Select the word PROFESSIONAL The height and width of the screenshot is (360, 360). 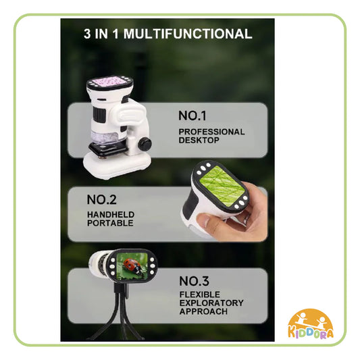pyautogui.click(x=211, y=132)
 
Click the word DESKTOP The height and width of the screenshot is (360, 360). pyautogui.click(x=199, y=140)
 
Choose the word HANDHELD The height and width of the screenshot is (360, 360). pyautogui.click(x=111, y=215)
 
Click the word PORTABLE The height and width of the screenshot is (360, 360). pyautogui.click(x=109, y=223)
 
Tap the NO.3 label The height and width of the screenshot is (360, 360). pyautogui.click(x=197, y=280)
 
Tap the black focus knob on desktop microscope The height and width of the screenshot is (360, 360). pyautogui.click(x=145, y=144)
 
